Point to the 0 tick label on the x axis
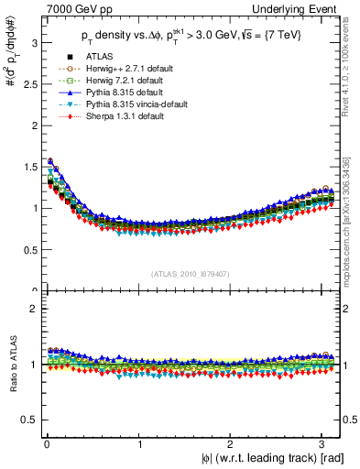[x=46, y=444]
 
